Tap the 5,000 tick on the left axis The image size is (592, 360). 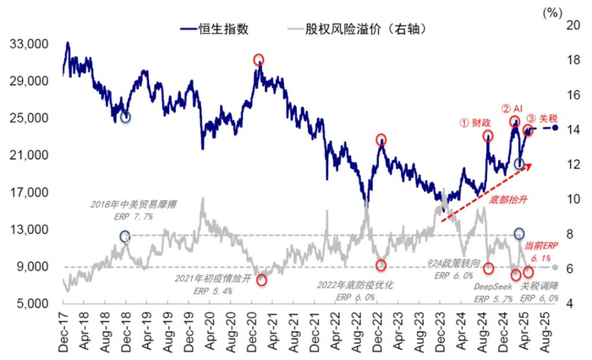31,303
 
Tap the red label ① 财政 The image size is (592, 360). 476,122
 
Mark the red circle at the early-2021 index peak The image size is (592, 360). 258,60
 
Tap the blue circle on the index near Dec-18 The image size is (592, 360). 125,117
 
